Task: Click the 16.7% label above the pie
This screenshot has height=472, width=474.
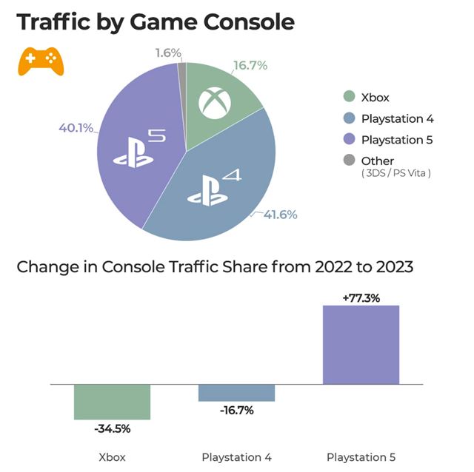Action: point(250,66)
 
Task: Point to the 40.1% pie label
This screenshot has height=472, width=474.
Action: point(76,128)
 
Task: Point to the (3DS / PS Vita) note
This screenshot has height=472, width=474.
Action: point(395,173)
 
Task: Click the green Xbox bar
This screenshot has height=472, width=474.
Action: point(113,402)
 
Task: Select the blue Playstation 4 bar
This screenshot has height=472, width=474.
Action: point(237,393)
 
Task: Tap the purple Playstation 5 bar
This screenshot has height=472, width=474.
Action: point(361,345)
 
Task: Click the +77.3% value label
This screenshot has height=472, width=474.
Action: point(361,298)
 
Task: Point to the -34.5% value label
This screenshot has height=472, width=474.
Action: point(113,428)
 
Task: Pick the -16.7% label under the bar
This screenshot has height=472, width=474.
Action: point(237,411)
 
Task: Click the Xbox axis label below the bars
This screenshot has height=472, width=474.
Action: point(113,456)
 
